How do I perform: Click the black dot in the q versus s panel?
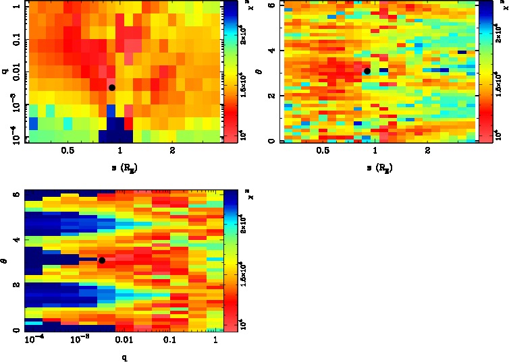tap(112, 87)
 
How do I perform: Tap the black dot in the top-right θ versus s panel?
tap(367, 71)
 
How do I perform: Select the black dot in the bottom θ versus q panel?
tap(102, 260)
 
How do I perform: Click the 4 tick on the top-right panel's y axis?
tap(271, 51)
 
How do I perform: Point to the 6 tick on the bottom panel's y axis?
tap(16, 194)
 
